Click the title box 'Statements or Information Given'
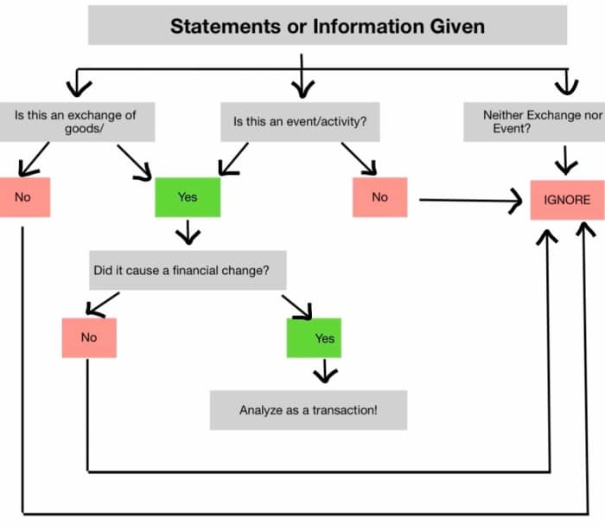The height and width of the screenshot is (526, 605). click(328, 25)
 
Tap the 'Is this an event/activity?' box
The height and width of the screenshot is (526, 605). click(300, 122)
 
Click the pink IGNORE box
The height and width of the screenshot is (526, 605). click(567, 200)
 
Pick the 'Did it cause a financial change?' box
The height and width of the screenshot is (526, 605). click(187, 271)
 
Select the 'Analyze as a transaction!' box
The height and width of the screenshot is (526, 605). click(308, 409)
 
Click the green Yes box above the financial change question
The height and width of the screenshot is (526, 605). click(188, 197)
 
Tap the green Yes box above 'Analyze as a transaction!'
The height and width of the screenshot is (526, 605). click(314, 338)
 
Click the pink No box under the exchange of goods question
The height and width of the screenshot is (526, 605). click(24, 197)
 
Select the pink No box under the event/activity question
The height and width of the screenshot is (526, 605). click(379, 197)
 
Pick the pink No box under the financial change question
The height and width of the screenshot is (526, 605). click(88, 337)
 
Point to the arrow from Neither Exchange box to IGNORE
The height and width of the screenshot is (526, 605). click(567, 160)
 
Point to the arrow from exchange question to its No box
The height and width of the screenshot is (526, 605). click(33, 160)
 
